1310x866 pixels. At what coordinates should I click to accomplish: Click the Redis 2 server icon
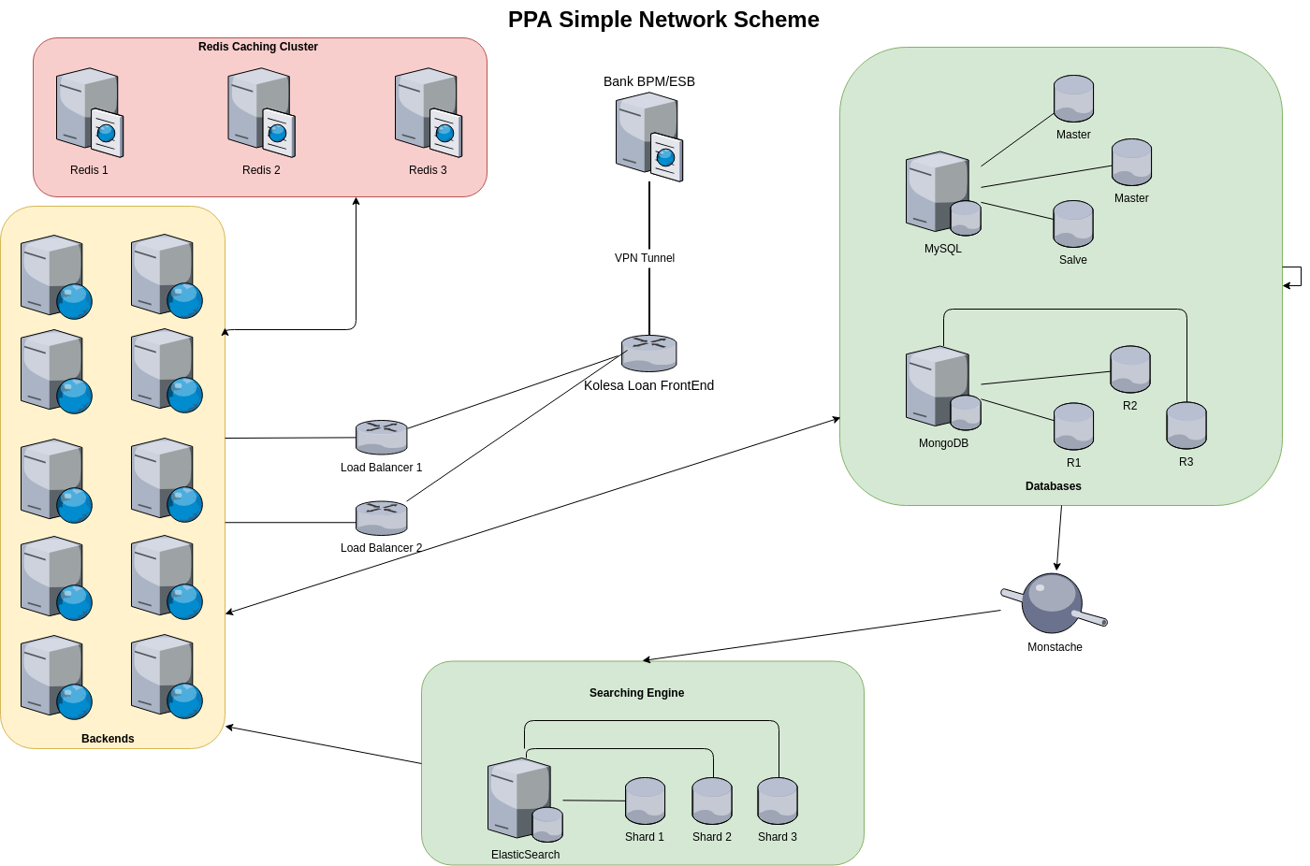260,112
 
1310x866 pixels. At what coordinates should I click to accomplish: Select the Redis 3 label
428,170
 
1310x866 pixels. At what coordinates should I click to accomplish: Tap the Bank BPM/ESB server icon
648,137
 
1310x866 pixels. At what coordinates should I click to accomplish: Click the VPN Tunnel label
645,258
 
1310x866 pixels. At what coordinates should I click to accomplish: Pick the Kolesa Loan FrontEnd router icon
648,354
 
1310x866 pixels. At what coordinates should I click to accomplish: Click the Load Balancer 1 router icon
381,437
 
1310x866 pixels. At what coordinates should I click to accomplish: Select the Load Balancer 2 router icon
381,517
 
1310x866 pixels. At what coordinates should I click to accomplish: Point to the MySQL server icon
941,193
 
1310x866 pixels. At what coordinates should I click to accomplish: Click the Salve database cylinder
1073,224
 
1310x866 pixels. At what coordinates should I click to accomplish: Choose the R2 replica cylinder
1130,368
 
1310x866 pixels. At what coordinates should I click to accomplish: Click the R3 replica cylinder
1186,426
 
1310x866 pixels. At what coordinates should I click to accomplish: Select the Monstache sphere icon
1053,603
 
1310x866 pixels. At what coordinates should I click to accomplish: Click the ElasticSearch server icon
524,800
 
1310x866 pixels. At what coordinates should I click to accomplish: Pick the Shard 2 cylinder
712,801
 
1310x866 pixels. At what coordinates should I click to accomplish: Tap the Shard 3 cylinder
778,801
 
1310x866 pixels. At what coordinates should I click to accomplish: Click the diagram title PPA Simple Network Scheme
663,20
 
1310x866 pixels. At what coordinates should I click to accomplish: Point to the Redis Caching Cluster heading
258,47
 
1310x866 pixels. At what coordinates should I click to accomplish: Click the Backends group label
108,739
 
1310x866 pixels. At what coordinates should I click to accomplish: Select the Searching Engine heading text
636,693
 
